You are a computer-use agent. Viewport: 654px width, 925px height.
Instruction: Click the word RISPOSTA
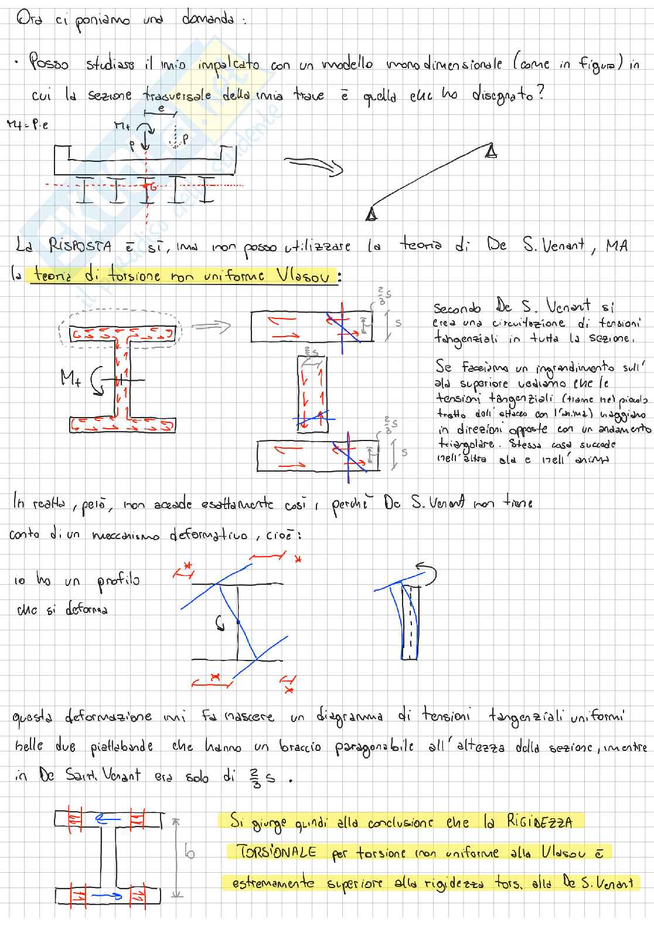pos(80,247)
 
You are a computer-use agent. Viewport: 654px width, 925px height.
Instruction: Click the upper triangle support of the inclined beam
pos(491,152)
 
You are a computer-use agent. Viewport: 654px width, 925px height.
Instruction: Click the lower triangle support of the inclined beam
pos(370,215)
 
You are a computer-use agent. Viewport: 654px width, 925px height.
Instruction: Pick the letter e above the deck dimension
pos(161,107)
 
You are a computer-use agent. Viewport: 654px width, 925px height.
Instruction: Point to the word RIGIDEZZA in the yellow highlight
pos(539,822)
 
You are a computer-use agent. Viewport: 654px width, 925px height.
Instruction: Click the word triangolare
pos(465,445)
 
